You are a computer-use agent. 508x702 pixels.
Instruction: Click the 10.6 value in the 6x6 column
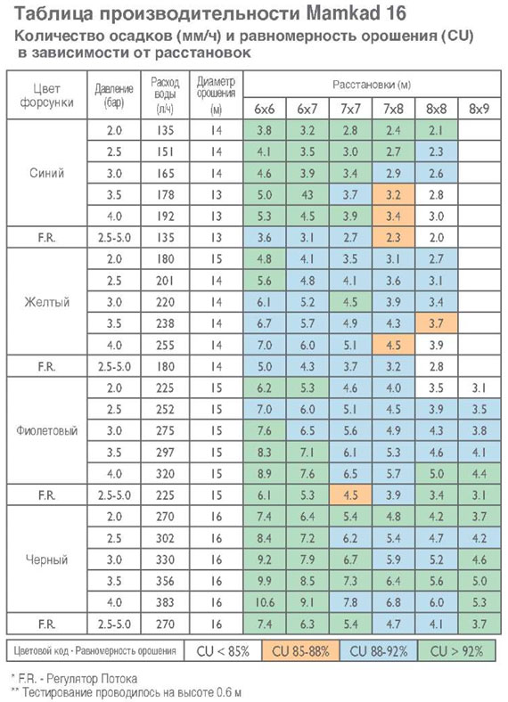point(265,602)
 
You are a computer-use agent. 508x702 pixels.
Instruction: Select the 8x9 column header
point(479,109)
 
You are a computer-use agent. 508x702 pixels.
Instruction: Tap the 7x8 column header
point(393,109)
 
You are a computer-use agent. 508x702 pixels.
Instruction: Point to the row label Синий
point(46,173)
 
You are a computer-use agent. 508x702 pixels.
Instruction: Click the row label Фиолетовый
point(46,430)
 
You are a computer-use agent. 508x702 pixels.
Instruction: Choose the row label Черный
point(46,559)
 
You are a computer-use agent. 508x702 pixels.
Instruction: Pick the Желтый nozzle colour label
point(46,302)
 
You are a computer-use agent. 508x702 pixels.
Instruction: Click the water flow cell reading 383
point(165,602)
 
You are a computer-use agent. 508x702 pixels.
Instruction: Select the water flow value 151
point(165,151)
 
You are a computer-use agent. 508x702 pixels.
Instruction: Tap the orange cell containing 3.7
point(436,323)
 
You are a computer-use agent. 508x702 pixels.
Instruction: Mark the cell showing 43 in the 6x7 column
point(307,195)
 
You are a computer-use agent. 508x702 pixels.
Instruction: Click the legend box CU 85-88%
point(300,650)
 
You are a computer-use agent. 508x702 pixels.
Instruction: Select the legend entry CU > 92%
point(456,650)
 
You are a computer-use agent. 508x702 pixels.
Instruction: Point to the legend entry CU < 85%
point(223,650)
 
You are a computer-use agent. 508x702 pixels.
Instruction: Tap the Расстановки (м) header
point(372,84)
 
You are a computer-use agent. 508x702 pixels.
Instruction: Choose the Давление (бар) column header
point(114,95)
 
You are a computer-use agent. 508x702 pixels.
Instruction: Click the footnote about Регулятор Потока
point(74,679)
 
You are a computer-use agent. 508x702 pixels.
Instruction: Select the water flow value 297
point(165,453)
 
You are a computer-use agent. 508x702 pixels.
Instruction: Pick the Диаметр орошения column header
point(216,94)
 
